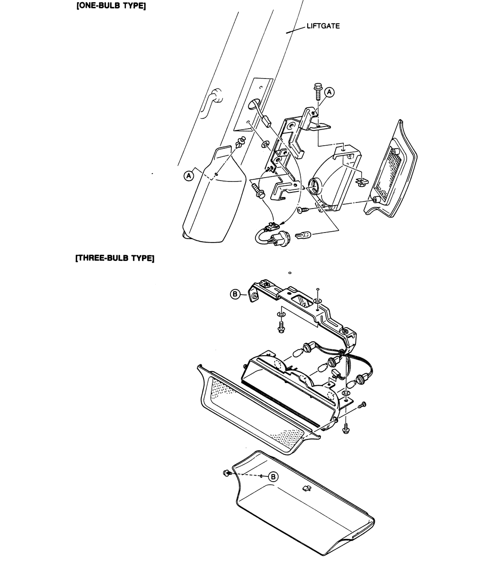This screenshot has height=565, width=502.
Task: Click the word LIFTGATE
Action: [x=323, y=26]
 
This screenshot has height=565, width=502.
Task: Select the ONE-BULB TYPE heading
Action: [x=111, y=6]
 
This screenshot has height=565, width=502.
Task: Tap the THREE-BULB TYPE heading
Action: [x=115, y=258]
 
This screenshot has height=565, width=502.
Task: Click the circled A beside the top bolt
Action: [x=329, y=92]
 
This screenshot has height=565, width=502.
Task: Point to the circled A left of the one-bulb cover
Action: [x=189, y=176]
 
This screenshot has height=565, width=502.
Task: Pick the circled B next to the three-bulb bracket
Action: [x=235, y=294]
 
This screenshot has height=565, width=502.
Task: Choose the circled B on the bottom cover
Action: [x=273, y=476]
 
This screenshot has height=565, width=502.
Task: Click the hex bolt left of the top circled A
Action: [x=317, y=91]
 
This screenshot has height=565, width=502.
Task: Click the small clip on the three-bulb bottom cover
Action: [x=306, y=488]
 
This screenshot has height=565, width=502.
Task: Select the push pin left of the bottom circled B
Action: [x=228, y=473]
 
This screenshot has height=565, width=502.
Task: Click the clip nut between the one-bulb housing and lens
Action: [x=362, y=182]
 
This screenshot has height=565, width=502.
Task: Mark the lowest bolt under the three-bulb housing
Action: [x=346, y=428]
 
